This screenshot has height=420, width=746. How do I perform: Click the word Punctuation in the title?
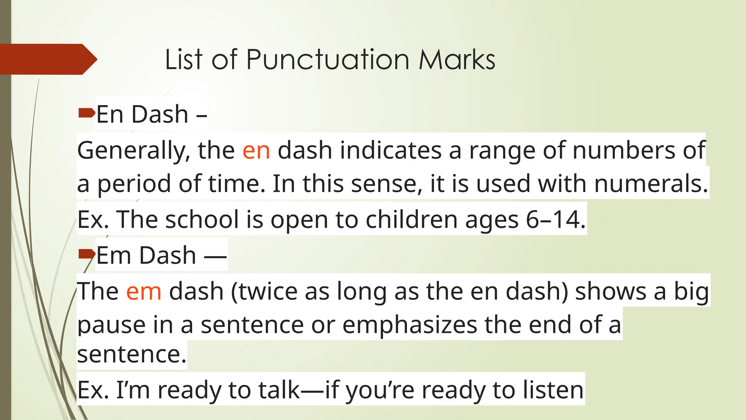point(328,59)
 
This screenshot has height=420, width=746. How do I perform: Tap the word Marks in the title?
point(457,59)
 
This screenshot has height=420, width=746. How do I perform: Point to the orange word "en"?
point(256,150)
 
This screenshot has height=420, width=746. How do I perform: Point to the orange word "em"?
point(144,291)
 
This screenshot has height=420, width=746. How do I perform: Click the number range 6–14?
point(555,219)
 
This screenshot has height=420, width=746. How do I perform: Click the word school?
point(202,219)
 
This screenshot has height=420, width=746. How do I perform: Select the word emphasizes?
point(409,324)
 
